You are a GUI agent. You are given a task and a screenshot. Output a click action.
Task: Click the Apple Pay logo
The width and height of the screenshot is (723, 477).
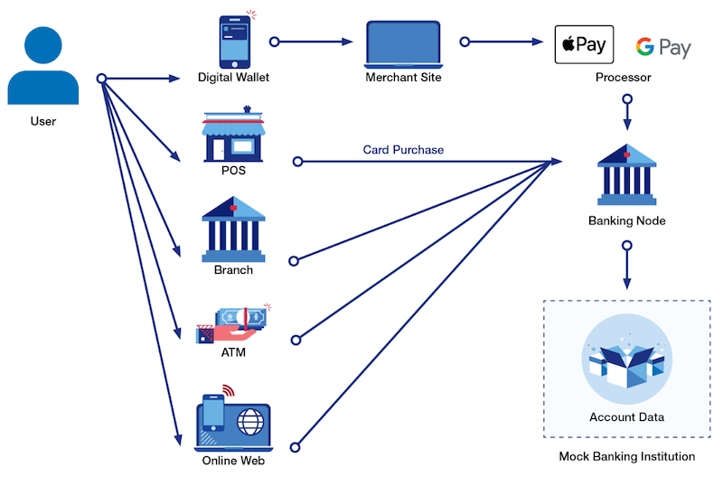[584, 44]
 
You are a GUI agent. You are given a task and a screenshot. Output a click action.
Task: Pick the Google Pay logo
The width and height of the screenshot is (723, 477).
[662, 47]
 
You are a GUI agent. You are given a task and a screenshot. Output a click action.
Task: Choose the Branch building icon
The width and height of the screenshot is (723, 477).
[233, 226]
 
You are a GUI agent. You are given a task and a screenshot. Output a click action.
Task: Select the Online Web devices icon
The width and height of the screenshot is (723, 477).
[233, 420]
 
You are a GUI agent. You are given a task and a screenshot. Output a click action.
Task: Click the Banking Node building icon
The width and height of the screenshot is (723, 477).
[626, 172]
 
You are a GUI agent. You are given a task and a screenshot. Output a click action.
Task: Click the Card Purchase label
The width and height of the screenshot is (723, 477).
[403, 150]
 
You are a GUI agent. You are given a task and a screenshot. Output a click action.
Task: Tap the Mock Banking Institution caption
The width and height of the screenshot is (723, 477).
[626, 456]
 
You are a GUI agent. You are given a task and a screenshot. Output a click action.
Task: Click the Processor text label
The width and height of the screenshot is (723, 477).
[623, 78]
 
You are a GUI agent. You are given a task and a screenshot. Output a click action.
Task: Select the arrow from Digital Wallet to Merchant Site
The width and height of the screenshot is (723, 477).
[312, 42]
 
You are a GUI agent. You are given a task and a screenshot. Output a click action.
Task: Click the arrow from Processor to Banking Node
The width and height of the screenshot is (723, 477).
[627, 114]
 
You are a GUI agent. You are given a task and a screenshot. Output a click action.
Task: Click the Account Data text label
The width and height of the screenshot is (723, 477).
[626, 416]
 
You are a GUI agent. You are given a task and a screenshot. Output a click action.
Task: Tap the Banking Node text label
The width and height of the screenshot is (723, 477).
[626, 220]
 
